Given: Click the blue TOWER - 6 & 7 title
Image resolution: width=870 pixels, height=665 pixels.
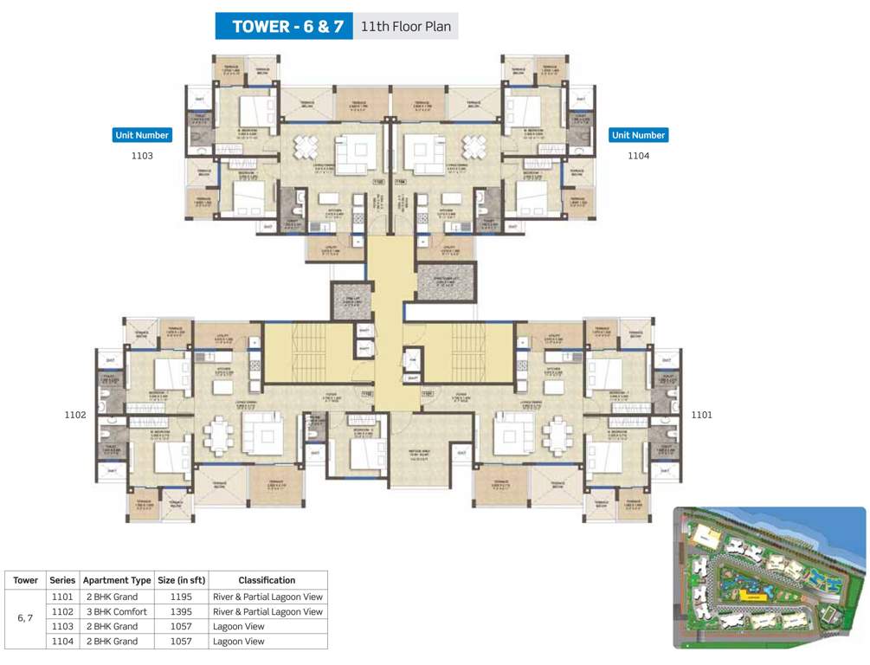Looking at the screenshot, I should coord(283,26).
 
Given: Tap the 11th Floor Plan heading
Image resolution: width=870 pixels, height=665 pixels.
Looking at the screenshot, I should coord(404,26).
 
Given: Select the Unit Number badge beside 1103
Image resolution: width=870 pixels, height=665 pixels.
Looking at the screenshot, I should coord(142,135).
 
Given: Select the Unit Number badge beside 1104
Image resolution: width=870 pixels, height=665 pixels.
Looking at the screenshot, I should coord(638,135).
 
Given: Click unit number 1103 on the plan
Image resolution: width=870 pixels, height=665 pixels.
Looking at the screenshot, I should coord(142,156).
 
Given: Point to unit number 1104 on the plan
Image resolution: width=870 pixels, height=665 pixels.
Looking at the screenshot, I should coord(638,156).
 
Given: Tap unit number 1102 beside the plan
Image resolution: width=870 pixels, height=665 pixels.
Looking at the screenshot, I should coord(75,415).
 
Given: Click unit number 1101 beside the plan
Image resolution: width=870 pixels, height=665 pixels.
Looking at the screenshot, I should coord(701,415).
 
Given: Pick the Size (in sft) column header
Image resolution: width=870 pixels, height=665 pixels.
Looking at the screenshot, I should coord(180,580).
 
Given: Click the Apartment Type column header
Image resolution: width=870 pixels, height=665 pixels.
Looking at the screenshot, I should coord(116,580).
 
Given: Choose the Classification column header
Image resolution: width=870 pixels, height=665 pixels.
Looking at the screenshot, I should coord(267,580).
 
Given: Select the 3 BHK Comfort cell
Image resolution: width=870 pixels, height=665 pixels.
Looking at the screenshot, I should coord(116,611).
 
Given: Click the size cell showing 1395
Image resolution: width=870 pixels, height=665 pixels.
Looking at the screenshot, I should coord(180,611).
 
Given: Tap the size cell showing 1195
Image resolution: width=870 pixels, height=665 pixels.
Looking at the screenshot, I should coord(180,597).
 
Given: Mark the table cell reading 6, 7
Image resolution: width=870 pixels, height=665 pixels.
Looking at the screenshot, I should coord(25,619).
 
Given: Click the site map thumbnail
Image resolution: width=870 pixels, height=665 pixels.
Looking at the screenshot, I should coord(769,578).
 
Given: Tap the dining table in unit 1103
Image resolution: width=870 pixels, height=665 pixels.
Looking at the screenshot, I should coord(308,148).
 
